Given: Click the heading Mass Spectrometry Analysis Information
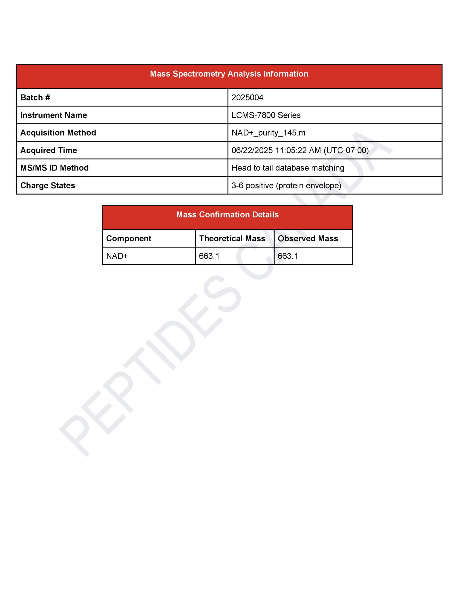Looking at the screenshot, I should [x=229, y=74].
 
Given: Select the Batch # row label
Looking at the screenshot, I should [x=35, y=98].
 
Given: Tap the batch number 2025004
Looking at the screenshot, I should [x=247, y=98].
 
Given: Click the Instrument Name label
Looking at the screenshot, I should [x=54, y=115].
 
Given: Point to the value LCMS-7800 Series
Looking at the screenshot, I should [x=266, y=115].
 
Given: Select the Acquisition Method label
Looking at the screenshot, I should [x=58, y=133].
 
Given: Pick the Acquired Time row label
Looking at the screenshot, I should [x=49, y=150].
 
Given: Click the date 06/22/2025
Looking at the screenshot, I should [x=252, y=150].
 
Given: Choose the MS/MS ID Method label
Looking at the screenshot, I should [x=55, y=168].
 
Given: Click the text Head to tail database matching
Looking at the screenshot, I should [x=288, y=168].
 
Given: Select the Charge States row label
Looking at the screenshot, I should [x=48, y=185].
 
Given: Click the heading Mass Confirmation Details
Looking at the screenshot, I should [x=227, y=215].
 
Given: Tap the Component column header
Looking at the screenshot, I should [x=129, y=238].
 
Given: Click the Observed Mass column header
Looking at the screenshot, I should [x=308, y=238].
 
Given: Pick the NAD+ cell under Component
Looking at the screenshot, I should [x=117, y=256].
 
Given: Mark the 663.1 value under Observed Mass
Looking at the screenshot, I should [x=288, y=256].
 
